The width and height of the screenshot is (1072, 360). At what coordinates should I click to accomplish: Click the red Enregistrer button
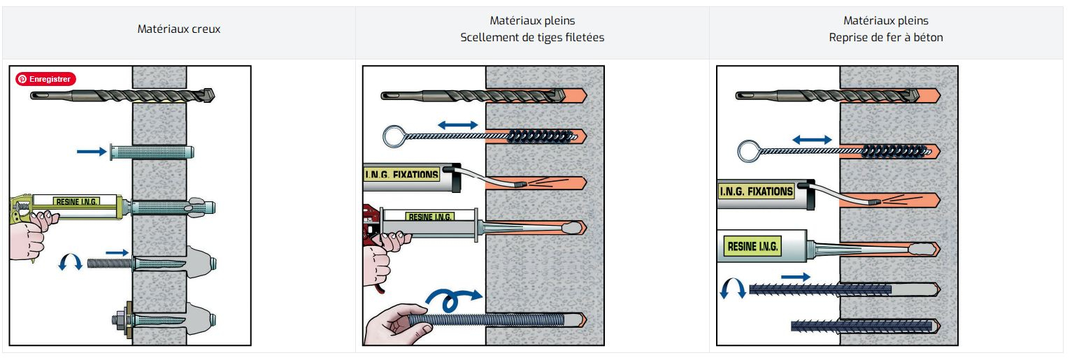pos(45,79)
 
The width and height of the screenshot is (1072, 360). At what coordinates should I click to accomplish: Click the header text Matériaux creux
pos(179,29)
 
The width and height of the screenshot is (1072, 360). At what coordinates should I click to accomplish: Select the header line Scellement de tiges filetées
pos(532,37)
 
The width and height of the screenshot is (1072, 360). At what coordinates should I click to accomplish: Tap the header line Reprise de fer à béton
pos(886,37)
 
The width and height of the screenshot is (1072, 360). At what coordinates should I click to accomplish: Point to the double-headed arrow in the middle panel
pos(457,125)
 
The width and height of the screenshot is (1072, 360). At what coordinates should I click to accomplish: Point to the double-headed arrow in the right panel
pos(812,140)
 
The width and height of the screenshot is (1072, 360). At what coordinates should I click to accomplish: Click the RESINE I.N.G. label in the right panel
pos(752,246)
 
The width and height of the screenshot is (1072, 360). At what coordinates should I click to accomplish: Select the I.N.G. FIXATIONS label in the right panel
pos(756,192)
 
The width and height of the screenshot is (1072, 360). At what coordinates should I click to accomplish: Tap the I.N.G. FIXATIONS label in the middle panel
pos(401,174)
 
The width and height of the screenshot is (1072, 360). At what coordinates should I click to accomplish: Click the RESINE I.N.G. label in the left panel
pos(77,201)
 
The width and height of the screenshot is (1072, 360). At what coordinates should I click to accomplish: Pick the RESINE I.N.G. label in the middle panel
pos(430,217)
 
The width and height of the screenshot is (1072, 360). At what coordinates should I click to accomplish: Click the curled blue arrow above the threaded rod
pos(452,298)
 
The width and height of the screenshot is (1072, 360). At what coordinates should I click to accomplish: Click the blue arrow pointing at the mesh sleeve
pos(92,152)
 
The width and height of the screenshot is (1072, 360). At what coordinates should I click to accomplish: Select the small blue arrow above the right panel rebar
pos(795,276)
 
